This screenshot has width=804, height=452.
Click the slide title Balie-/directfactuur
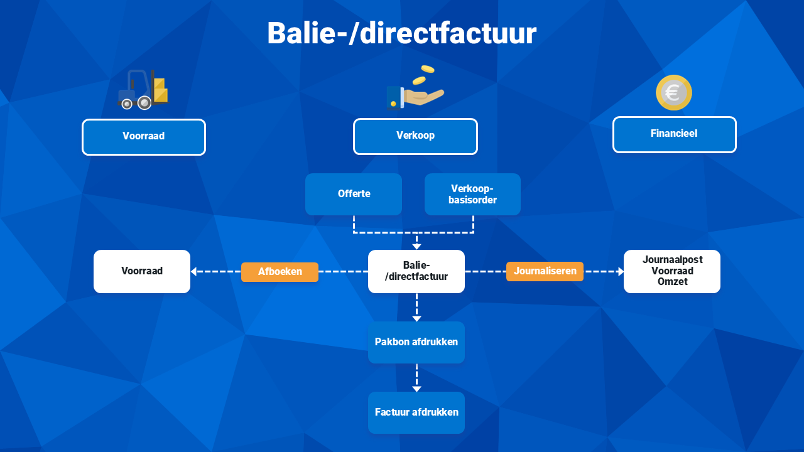click(x=401, y=33)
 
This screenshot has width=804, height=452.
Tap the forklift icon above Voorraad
click(x=143, y=90)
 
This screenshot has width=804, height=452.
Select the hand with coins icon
click(x=415, y=87)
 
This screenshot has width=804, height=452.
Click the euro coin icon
click(x=674, y=92)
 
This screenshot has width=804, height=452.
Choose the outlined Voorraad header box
click(x=144, y=137)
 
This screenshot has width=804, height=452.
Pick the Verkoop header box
click(x=415, y=136)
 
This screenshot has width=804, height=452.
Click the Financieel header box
click(x=675, y=134)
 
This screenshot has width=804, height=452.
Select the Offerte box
click(x=354, y=194)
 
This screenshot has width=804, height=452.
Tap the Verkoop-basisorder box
click(x=472, y=194)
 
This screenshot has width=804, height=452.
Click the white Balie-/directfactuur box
click(x=416, y=271)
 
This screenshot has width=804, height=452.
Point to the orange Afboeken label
click(x=280, y=272)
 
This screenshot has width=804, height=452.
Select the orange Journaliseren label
click(x=545, y=271)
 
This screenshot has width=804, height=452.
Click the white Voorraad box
click(x=142, y=271)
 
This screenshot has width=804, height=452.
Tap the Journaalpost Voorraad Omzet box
click(x=672, y=271)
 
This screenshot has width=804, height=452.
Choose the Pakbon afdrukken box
click(x=416, y=342)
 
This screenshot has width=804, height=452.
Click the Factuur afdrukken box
click(x=416, y=412)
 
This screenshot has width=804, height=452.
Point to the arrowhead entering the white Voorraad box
click(x=194, y=272)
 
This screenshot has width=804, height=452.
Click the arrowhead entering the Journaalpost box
click(x=621, y=272)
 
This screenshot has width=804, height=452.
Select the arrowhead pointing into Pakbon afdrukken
click(x=416, y=318)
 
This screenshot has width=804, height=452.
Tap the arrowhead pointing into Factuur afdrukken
click(x=416, y=389)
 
